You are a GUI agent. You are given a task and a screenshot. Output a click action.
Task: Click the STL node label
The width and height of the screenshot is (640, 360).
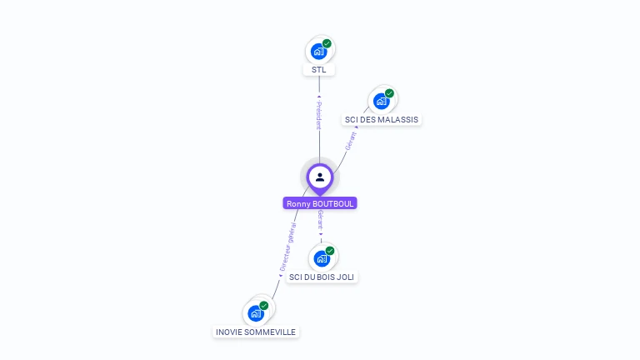[319, 70]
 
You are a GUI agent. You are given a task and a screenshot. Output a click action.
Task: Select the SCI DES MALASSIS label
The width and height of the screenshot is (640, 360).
[382, 120]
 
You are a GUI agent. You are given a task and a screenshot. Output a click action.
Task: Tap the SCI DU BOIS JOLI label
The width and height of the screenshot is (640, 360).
[322, 277]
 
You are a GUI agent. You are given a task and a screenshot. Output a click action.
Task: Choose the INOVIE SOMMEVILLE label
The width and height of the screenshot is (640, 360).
[256, 332]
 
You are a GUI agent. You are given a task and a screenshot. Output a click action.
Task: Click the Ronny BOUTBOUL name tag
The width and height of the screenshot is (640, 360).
[320, 203]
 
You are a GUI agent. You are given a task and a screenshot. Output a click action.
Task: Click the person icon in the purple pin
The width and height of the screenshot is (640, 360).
[320, 177]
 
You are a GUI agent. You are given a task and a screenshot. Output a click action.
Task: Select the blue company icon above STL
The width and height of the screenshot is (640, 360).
[317, 52]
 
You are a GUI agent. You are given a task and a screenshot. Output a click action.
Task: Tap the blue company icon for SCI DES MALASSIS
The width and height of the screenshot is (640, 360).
[381, 102]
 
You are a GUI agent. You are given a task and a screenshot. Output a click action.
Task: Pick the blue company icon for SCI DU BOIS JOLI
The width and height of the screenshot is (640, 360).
[321, 258]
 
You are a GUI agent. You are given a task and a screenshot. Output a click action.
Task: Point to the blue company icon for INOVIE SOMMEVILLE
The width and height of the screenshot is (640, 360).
[255, 313]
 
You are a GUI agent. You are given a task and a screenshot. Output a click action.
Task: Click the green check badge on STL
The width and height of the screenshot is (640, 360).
[327, 43]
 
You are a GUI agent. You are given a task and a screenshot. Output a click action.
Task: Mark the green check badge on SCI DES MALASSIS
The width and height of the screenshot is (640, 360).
[389, 93]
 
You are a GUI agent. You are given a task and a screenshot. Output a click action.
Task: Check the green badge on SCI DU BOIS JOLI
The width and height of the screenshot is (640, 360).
[329, 250]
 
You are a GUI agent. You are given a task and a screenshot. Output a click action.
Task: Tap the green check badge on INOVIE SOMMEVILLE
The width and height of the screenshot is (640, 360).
[263, 306]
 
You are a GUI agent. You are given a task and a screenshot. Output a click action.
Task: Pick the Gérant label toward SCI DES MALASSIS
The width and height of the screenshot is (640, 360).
[351, 140]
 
